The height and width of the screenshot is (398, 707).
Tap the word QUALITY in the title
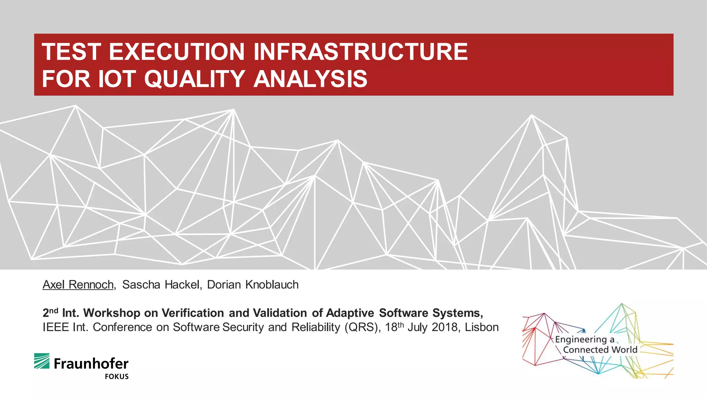tap(194, 79)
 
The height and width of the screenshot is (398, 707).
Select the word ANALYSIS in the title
tap(310, 79)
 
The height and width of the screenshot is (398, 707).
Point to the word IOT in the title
tap(117, 79)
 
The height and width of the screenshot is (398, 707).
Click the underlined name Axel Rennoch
tap(78, 285)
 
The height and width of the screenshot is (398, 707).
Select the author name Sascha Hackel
tap(161, 285)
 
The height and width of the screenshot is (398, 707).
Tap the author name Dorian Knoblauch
tap(253, 285)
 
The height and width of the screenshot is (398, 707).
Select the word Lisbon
tap(481, 327)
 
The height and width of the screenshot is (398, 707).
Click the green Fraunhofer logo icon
tap(42, 361)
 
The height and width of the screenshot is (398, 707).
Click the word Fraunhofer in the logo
tap(91, 364)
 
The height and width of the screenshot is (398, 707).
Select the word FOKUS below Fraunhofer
tap(117, 377)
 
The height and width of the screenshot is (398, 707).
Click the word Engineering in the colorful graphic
tap(580, 340)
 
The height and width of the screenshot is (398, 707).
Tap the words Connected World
tap(600, 350)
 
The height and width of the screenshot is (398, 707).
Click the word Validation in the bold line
tap(280, 313)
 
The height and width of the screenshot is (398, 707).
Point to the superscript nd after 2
tap(54, 310)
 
